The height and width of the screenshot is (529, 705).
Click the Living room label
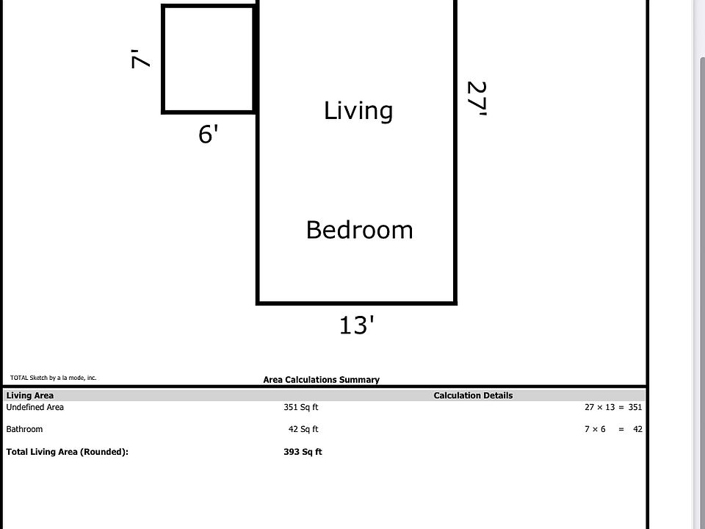pyautogui.click(x=358, y=111)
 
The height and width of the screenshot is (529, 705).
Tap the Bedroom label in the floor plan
pyautogui.click(x=359, y=230)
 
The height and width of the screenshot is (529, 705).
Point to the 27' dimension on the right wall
pyautogui.click(x=477, y=98)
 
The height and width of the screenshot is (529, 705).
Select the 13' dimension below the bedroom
pyautogui.click(x=357, y=325)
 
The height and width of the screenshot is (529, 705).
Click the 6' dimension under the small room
pyautogui.click(x=209, y=134)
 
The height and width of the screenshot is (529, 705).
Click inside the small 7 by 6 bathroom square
pyautogui.click(x=208, y=60)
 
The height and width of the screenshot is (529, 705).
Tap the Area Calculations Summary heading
pyautogui.click(x=321, y=380)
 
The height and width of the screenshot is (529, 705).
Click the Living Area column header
pyautogui.click(x=30, y=395)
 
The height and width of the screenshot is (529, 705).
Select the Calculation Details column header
pyautogui.click(x=473, y=395)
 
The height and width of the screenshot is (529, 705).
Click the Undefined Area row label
pyautogui.click(x=35, y=407)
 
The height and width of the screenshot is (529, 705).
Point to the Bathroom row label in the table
pyautogui.click(x=24, y=429)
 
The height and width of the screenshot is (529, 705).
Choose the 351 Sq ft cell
pyautogui.click(x=301, y=407)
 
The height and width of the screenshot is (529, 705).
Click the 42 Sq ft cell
pyautogui.click(x=303, y=429)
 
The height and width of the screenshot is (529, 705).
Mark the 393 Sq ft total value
pyautogui.click(x=303, y=452)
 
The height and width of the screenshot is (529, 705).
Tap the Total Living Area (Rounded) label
pyautogui.click(x=68, y=452)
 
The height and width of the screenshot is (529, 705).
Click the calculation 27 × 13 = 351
pyautogui.click(x=613, y=407)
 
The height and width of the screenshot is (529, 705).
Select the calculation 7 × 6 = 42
pyautogui.click(x=613, y=429)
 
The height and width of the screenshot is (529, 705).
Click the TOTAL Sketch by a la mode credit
pyautogui.click(x=53, y=378)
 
